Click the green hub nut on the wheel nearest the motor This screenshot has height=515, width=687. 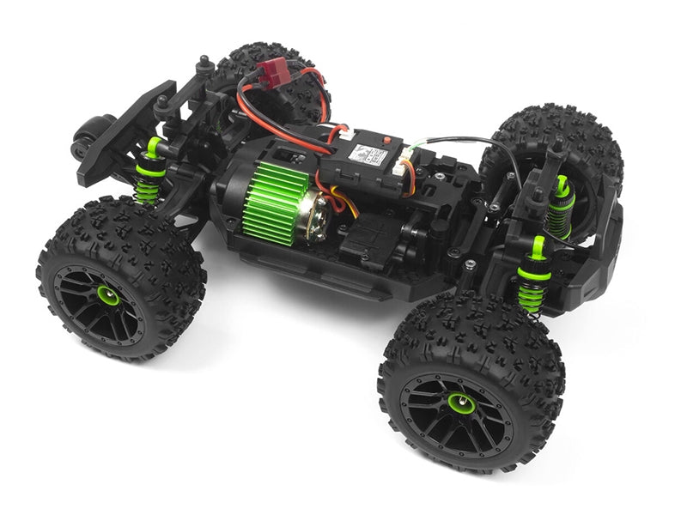coord(108,295)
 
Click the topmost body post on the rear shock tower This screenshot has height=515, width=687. coord(204,66)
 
